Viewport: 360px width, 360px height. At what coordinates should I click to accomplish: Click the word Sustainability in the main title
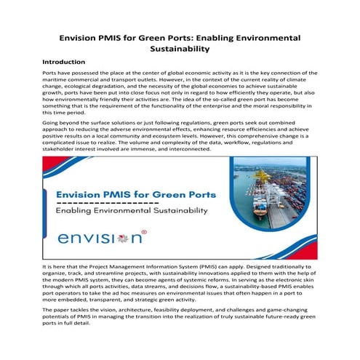point(180,49)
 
